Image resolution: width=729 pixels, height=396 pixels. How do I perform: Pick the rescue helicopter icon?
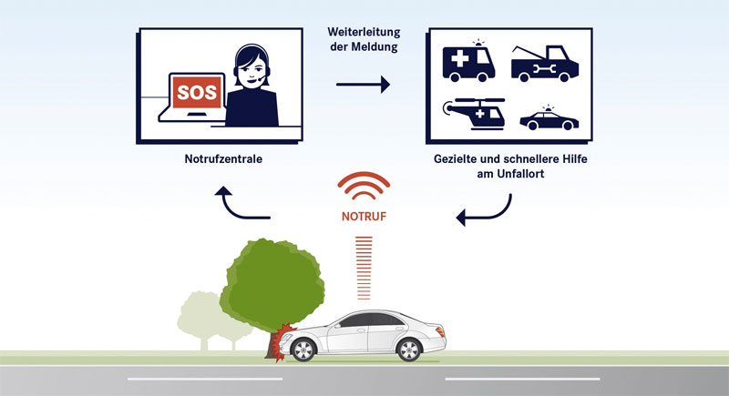coord(476,115)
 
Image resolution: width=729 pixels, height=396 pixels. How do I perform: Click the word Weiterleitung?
coord(363,33)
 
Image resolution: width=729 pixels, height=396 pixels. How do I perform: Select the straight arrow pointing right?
coord(363,86)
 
